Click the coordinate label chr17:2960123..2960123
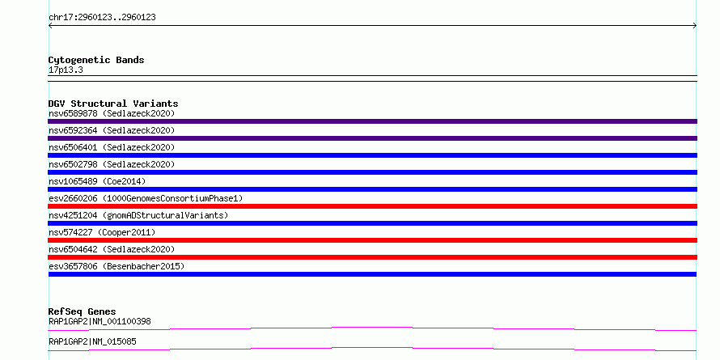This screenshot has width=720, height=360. point(102,18)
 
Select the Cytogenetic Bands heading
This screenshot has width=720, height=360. point(96,60)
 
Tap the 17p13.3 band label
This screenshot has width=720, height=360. point(66,70)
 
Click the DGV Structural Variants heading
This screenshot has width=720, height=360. point(113,104)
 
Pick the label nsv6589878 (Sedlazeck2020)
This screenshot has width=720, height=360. point(112,113)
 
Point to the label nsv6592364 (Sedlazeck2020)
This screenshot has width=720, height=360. point(112,130)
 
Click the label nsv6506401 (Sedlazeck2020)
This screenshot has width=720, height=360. point(112,147)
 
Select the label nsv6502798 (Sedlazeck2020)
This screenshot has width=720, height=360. point(112,164)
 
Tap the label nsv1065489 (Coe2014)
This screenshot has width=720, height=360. point(97,181)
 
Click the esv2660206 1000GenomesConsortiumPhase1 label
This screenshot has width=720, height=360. point(146,198)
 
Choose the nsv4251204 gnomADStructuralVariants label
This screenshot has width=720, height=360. point(138,215)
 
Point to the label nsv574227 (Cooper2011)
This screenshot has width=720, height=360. point(102,232)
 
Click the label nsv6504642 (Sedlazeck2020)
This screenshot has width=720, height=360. point(112,249)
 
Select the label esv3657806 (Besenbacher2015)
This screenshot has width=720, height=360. point(116,266)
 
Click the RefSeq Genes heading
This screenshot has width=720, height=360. point(82,311)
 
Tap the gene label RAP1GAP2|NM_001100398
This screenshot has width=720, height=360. point(100,321)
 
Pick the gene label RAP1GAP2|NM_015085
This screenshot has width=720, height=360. point(92,341)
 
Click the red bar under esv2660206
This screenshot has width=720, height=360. point(372,206)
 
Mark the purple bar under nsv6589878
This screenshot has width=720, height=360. point(372,121)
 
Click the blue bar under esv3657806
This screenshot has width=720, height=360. point(372,274)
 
